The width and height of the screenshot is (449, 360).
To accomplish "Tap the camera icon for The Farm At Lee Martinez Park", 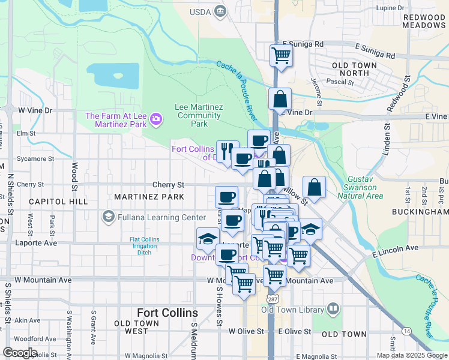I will tap(156, 119).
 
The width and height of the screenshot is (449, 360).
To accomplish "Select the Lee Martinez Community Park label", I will tap(199, 115).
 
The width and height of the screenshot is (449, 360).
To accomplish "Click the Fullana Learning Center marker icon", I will tap(109, 216).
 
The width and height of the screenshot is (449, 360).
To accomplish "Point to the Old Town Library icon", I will tap(333, 310).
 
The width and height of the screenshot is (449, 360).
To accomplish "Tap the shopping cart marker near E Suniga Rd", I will tap(281, 55).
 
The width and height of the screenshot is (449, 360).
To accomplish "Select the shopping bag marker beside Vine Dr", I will tap(280, 99).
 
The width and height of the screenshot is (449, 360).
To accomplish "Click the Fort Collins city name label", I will tap(167, 313).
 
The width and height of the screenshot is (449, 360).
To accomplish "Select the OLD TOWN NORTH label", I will tap(354, 69).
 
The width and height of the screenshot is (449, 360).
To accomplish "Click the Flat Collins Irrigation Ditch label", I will tap(145, 246).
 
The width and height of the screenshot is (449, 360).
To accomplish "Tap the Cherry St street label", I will tap(168, 185).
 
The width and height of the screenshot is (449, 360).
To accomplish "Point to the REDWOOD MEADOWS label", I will tap(423, 21).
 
